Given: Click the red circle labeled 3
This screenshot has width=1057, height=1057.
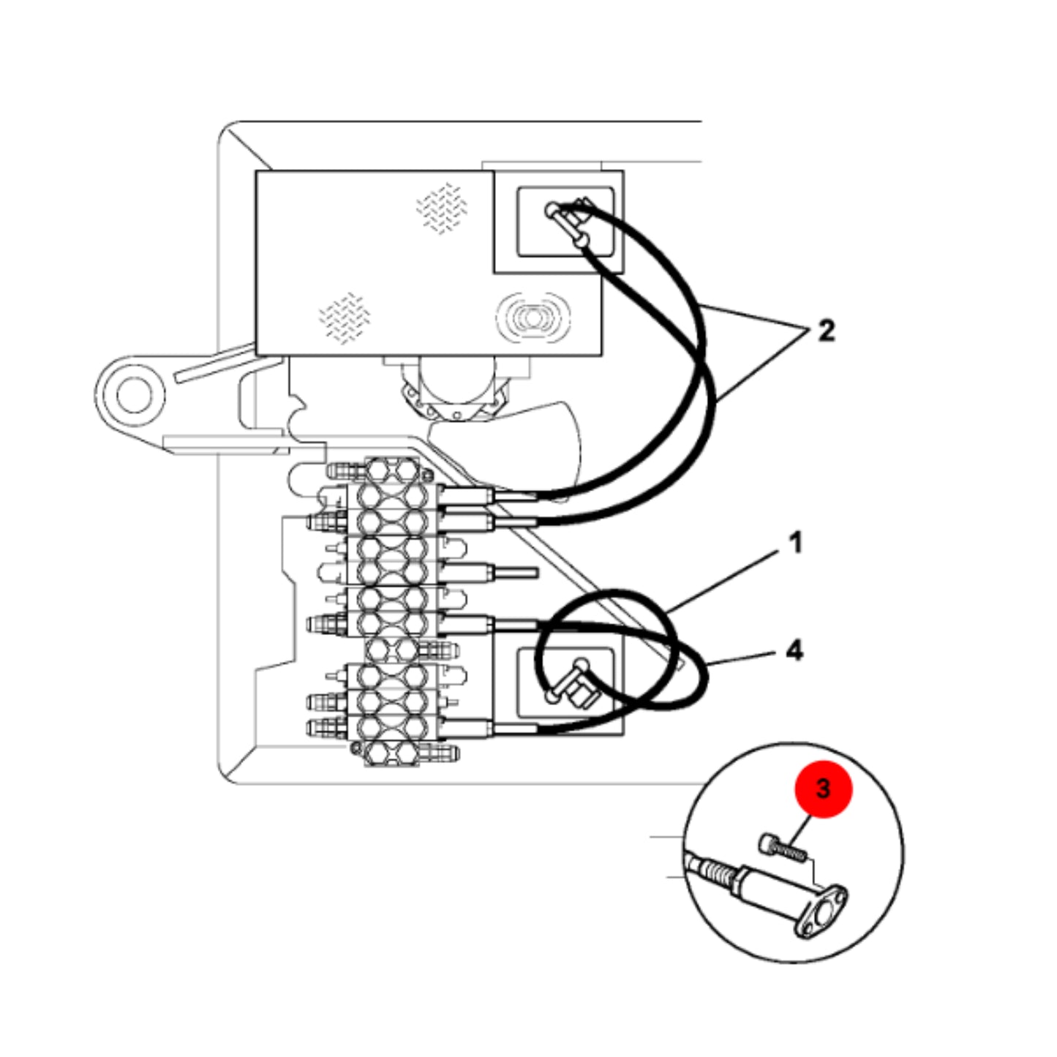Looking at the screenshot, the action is [x=823, y=789].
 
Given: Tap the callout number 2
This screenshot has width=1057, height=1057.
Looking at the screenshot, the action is [x=826, y=331].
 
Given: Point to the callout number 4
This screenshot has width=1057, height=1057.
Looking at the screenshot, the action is [x=794, y=651].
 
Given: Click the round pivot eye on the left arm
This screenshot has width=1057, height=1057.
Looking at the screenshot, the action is [x=132, y=396].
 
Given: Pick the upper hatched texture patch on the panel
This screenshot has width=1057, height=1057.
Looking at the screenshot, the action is [x=442, y=207].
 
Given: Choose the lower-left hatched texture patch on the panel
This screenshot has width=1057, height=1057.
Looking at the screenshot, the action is [x=345, y=318].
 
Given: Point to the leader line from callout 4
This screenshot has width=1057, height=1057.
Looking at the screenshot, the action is [x=740, y=659].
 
